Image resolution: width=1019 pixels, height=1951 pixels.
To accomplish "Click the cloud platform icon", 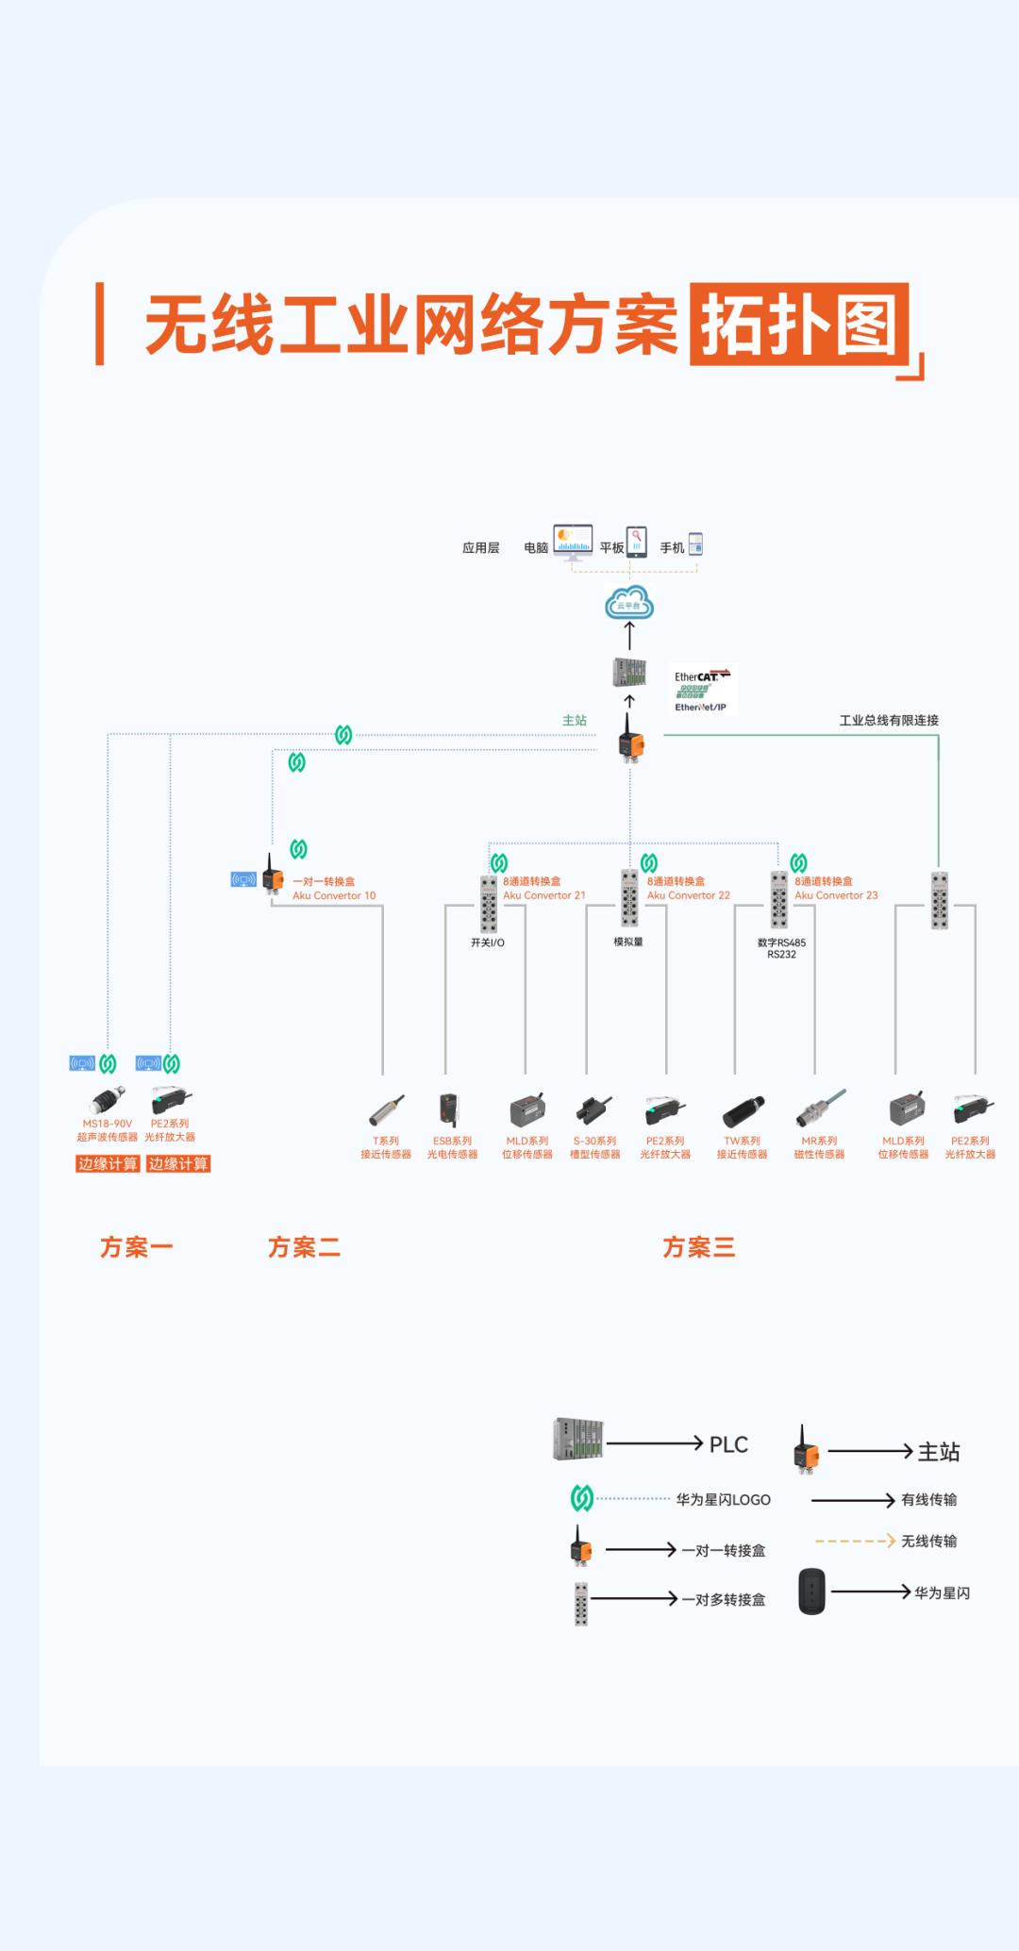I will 629,602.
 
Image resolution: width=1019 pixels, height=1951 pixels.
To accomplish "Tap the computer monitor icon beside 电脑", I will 573,542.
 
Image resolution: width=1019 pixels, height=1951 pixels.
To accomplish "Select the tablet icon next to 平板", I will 637,542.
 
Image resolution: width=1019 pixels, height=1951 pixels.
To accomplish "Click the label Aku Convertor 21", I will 544,895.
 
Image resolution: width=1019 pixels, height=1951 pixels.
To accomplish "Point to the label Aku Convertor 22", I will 689,895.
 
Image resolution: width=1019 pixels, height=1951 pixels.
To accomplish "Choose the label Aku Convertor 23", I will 836,895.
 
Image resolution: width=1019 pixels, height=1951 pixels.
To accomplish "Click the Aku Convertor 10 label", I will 334,895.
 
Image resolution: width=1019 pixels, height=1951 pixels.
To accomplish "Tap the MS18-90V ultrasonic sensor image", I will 108,1100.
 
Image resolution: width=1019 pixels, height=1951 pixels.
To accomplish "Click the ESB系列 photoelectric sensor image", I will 449,1110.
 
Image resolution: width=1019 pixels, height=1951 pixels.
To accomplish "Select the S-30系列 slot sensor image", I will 594,1111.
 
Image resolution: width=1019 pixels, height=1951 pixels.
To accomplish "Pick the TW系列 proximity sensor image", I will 743,1112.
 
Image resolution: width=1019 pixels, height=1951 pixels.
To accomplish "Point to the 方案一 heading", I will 137,1247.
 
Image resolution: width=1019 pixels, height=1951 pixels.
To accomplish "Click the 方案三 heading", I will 698,1247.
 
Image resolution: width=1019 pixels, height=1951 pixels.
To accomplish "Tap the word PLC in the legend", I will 728,1444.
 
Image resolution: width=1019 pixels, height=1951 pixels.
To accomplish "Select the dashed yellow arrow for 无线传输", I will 855,1541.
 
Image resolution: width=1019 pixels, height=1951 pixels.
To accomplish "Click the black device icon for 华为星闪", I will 811,1592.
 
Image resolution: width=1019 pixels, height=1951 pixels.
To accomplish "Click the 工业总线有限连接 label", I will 889,720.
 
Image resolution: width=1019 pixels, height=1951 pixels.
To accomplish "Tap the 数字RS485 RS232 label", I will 781,948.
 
